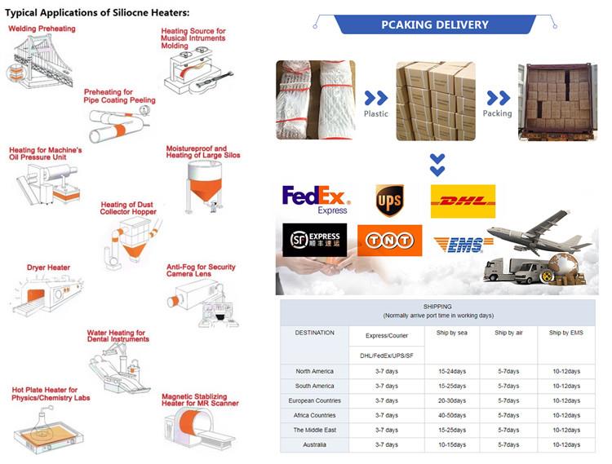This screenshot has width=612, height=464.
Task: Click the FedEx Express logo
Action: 316,200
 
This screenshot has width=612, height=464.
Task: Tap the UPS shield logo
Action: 389,201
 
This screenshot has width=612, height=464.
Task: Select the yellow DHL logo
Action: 463,201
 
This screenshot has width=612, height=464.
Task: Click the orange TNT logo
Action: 389,241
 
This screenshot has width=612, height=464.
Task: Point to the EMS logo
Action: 463,245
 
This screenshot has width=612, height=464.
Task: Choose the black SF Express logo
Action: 315,240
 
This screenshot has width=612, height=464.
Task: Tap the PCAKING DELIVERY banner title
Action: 435,24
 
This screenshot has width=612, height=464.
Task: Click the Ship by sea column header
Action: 451,333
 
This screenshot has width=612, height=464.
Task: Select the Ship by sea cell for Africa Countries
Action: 452,415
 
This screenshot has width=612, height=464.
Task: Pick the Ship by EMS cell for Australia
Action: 566,444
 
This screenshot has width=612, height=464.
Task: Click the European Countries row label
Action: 315,400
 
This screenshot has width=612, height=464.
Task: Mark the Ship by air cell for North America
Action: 508,371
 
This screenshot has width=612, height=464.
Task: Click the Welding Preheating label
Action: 42,29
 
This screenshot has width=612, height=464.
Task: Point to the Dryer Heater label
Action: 48,267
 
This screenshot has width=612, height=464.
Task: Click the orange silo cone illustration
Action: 205,189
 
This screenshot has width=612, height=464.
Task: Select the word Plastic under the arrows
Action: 376,114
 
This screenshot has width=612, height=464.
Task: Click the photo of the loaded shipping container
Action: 558,101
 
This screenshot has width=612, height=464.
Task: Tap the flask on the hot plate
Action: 42,423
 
